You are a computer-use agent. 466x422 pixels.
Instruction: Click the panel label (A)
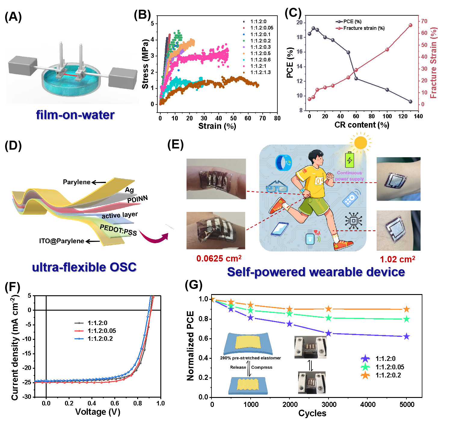13,17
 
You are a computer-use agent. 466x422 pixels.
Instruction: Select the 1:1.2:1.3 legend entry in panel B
260,72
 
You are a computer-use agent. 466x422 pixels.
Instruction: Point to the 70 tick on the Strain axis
262,118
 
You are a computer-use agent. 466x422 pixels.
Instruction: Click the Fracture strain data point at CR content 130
410,25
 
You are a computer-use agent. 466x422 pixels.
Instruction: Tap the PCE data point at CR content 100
387,90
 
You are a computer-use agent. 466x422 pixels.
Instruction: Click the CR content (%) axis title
362,125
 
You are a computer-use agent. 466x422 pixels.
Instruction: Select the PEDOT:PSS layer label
118,230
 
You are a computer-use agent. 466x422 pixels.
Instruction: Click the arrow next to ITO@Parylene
93,241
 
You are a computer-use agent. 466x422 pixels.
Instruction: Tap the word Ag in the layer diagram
129,190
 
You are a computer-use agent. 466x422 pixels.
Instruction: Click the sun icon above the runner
360,142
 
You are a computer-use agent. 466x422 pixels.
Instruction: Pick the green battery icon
349,160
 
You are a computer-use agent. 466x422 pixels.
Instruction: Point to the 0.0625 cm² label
219,259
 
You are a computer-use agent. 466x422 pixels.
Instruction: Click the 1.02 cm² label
397,259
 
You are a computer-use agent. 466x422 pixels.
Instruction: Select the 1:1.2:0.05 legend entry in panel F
102,331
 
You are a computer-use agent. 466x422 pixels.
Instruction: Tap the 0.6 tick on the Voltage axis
115,403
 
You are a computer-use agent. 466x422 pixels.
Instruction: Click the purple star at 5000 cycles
406,337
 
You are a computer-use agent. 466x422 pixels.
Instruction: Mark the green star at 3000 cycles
329,318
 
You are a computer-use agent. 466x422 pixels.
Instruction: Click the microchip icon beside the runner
353,221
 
